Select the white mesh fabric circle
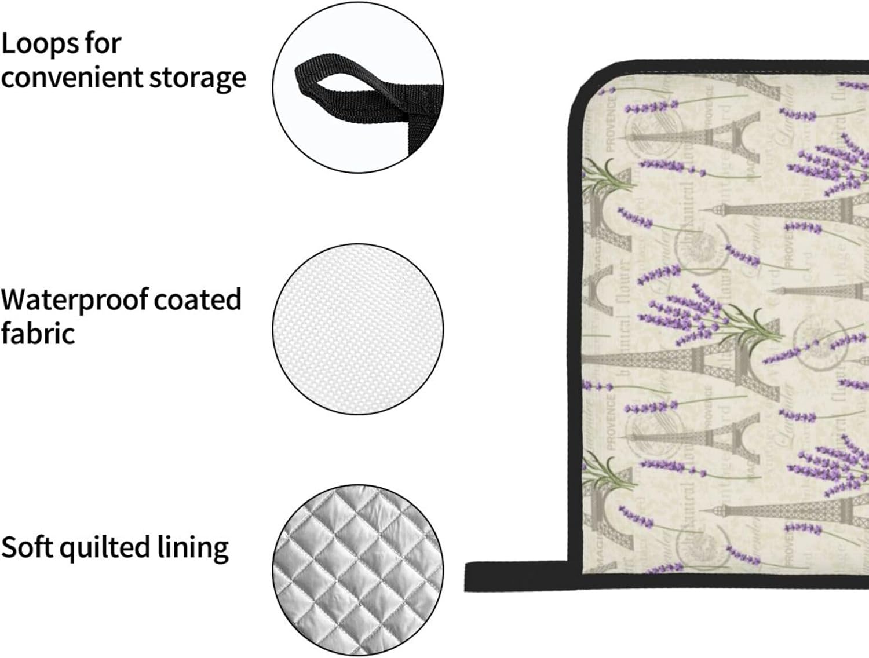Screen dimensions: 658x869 point(358,329)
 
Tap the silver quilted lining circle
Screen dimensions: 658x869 point(358,571)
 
